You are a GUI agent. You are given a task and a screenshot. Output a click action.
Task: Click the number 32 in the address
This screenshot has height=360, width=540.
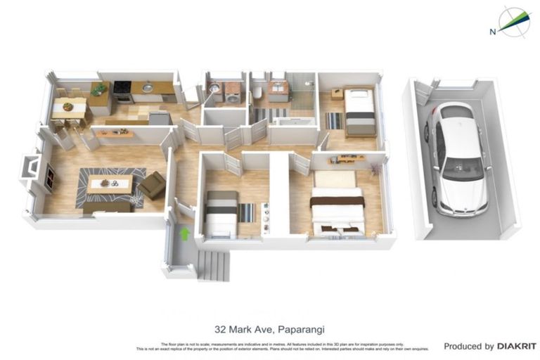(220, 328)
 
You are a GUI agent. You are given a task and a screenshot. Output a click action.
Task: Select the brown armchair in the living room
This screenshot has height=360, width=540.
(152, 186)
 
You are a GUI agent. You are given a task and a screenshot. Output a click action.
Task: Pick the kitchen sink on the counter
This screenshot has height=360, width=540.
(147, 89)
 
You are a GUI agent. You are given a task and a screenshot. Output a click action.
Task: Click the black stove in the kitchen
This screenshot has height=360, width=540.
(122, 91)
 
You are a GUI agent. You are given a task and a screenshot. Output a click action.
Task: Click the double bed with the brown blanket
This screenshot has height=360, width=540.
(337, 205)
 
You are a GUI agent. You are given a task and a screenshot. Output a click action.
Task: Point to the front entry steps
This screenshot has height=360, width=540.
(213, 266)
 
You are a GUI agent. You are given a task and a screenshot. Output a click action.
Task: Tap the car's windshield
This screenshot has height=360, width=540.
(463, 167)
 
